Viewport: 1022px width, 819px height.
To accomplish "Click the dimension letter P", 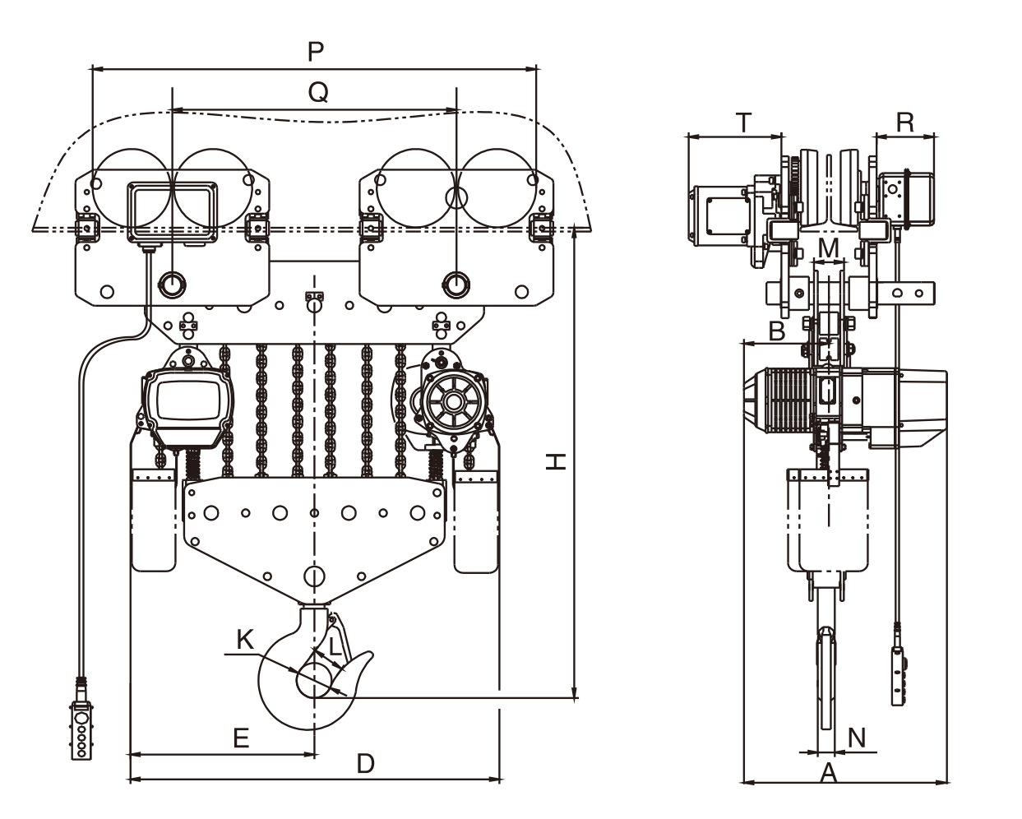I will click(x=315, y=52).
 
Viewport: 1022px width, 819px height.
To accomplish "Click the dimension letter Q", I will click(x=317, y=93).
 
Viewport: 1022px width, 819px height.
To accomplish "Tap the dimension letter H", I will click(x=557, y=463).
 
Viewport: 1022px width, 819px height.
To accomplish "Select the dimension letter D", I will click(x=365, y=764).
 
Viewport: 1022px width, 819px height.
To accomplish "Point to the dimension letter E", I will click(x=240, y=738).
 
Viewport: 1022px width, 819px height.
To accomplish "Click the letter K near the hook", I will click(x=244, y=640).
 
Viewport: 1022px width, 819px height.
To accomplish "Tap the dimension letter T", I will click(x=742, y=123).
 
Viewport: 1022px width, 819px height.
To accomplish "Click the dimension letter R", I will click(x=905, y=123).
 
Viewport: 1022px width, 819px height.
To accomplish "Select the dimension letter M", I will click(x=829, y=246).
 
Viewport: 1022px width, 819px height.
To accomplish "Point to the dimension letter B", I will click(x=776, y=331).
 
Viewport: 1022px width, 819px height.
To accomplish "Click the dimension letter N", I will click(x=857, y=738).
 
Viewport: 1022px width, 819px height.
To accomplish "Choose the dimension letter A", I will click(x=829, y=772).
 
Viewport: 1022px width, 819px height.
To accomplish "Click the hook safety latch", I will click(x=340, y=638).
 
